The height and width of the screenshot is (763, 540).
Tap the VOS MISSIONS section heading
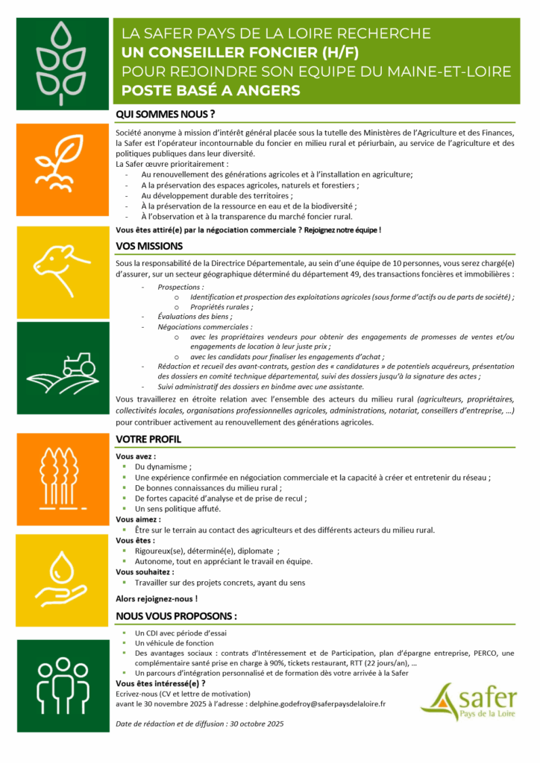click(149, 245)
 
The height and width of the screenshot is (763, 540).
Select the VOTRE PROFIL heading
click(149, 440)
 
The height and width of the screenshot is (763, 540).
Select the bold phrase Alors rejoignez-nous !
click(157, 598)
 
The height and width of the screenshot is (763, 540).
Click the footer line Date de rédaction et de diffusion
click(200, 724)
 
